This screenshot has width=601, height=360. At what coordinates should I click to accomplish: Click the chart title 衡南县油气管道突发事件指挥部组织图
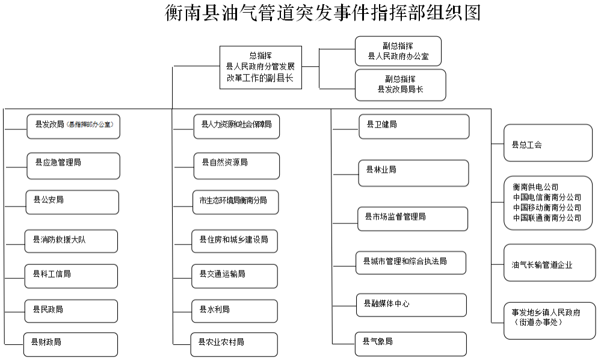tap(323, 13)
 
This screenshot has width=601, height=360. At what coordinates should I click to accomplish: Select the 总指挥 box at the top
tap(260, 67)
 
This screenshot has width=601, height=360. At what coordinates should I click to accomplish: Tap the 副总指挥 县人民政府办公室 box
tap(398, 51)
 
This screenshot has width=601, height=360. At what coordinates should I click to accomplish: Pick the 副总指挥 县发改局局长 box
tap(400, 84)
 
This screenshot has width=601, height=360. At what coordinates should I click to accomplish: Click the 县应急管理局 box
tap(73, 166)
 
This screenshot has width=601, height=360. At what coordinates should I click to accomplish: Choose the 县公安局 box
tap(72, 202)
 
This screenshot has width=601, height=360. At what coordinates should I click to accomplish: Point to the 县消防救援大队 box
tap(71, 240)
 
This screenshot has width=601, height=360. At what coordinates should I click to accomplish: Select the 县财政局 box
tap(70, 343)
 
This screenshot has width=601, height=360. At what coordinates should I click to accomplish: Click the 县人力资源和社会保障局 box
tap(236, 125)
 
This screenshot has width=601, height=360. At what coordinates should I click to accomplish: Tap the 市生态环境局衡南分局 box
tap(235, 202)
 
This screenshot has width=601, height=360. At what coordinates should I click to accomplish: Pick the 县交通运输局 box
tap(234, 275)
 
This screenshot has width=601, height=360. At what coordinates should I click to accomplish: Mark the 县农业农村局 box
tap(234, 343)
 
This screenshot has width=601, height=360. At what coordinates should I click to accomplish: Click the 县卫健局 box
tap(413, 126)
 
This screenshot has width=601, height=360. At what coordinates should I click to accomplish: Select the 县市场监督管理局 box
tap(413, 218)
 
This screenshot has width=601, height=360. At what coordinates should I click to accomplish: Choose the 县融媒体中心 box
tap(411, 305)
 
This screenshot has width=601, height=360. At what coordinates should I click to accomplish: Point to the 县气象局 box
tap(410, 343)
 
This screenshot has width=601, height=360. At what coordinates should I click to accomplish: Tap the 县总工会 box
tap(547, 143)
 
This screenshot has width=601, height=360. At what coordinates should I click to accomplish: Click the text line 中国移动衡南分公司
tap(547, 207)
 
